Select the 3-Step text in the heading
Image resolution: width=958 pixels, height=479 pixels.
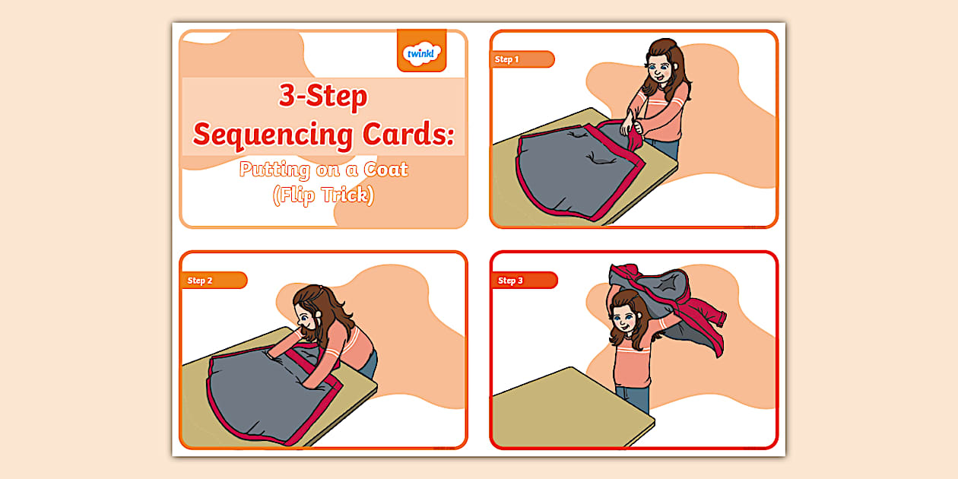322,97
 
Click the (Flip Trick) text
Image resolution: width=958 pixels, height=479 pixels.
323,195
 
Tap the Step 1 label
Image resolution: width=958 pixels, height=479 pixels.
507,59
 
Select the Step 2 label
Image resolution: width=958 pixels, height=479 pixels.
200,281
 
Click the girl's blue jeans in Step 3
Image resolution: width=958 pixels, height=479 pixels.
633,399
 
